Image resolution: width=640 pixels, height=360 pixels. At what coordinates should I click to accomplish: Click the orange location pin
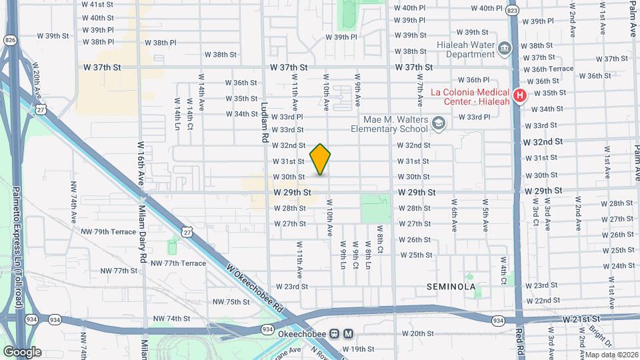[x=320, y=159]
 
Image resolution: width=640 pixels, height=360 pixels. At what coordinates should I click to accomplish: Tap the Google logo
[x=22, y=352]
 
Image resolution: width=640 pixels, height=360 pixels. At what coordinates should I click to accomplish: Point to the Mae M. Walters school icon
[x=438, y=123]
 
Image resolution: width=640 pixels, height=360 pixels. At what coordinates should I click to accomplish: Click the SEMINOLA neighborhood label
[x=451, y=287]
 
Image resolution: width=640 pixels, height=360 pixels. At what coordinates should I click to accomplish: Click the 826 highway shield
[x=11, y=41]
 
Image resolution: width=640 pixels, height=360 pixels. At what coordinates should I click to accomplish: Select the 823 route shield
[x=512, y=11]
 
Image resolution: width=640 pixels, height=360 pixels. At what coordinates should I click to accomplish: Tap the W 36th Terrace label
[x=548, y=69]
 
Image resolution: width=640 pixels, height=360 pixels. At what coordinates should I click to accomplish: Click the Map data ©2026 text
[x=611, y=355]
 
